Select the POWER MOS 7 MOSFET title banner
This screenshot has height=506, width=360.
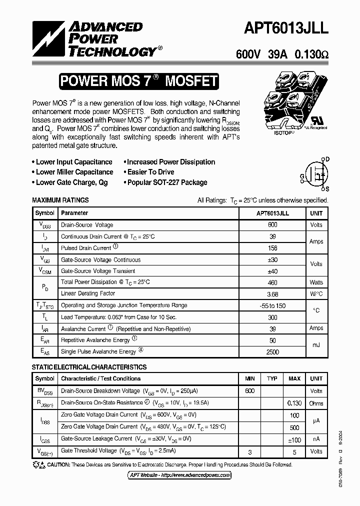[x=138, y=81]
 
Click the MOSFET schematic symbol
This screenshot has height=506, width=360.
[x=316, y=173]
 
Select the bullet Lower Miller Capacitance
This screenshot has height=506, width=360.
[x=74, y=172]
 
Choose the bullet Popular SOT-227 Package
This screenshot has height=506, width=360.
[x=167, y=182]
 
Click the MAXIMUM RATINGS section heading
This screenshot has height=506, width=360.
[x=60, y=200]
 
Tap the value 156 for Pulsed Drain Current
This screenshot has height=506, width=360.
[x=272, y=248]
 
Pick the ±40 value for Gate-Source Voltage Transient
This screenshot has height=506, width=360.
[x=272, y=271]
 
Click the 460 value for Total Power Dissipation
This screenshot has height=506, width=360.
[x=272, y=282]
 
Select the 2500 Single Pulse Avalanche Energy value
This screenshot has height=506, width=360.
[x=272, y=352]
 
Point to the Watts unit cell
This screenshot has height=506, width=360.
[x=316, y=282]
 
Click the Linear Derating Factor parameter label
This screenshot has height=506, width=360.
[x=88, y=293]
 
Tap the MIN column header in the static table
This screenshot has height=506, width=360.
[x=249, y=378]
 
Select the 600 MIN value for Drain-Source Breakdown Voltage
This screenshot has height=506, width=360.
[x=249, y=391]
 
